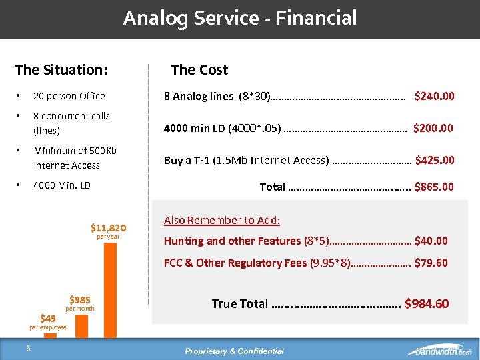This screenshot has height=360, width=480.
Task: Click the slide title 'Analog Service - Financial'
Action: tap(240, 18)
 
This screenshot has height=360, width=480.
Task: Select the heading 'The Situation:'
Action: tap(61, 69)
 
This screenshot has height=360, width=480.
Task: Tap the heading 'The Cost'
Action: tap(199, 69)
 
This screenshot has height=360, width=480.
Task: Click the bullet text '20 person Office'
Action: tap(69, 96)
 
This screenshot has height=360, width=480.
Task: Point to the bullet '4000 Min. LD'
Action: tap(62, 185)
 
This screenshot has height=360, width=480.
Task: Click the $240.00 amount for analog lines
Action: tap(435, 96)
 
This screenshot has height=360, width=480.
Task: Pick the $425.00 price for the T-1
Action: tap(435, 160)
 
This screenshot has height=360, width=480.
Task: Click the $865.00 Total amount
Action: tap(434, 187)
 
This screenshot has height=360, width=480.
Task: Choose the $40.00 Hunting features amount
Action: tap(431, 241)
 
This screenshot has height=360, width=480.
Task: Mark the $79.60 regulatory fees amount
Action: tap(431, 263)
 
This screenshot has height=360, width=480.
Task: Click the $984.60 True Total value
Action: tap(427, 304)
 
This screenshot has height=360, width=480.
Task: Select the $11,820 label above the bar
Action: tap(108, 228)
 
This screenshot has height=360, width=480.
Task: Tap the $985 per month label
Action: tap(79, 300)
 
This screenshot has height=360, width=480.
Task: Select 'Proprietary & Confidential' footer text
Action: tap(234, 351)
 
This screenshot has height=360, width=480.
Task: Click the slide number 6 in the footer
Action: tap(28, 347)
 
